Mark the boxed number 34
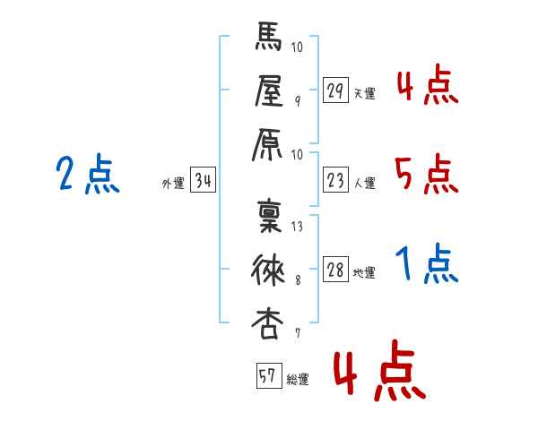(204, 181)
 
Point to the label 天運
(365, 93)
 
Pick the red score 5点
(426, 174)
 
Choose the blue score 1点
(427, 265)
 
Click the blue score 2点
(87, 174)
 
